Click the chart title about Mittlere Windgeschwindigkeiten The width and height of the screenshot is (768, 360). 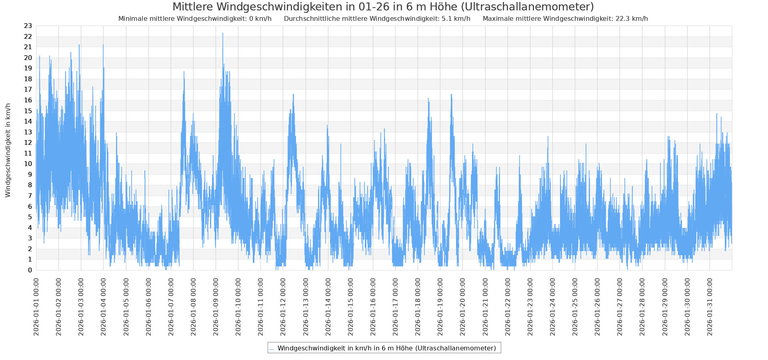(383, 7)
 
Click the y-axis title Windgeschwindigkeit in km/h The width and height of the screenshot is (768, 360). (8, 150)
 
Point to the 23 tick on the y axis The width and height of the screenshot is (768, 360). (28, 26)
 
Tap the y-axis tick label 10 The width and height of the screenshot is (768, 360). (28, 164)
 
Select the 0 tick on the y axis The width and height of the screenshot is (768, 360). (30, 270)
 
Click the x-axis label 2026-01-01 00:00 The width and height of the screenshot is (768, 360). (36, 304)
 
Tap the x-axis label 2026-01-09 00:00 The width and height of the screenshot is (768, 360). (216, 304)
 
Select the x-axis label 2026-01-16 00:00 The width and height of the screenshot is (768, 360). (373, 304)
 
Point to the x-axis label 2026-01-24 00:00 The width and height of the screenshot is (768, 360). (553, 304)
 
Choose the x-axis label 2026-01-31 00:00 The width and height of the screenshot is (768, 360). (710, 304)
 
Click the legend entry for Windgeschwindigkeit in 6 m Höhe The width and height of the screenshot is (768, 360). (386, 348)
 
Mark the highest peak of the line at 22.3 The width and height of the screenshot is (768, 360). (223, 34)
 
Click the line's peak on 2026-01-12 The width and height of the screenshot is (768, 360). (293, 95)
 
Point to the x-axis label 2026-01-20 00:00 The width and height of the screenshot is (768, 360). (463, 304)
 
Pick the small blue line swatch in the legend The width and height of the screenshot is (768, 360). (272, 349)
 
